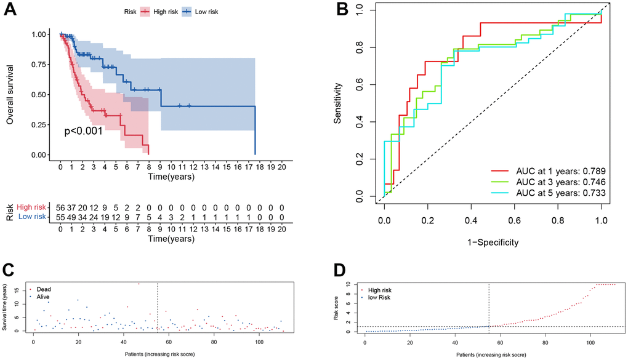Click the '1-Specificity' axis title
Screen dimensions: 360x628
point(493,242)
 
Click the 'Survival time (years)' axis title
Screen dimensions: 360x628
point(5,308)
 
